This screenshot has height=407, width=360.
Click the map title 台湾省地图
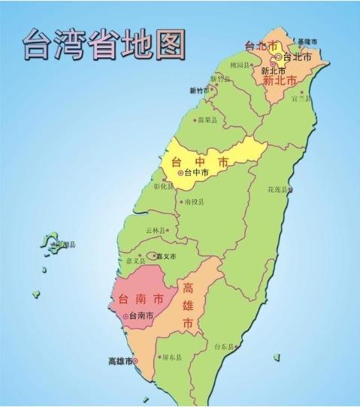tap(104, 45)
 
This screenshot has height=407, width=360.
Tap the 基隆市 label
tap(307, 41)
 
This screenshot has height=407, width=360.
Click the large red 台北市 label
tap(262, 46)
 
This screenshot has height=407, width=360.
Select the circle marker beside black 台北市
tap(278, 56)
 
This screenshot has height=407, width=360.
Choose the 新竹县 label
tap(220, 79)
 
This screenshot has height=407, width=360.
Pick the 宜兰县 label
tap(301, 98)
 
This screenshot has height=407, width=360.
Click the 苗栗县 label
tap(207, 119)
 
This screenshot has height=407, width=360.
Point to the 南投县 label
tap(193, 202)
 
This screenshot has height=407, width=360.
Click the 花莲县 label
tap(278, 189)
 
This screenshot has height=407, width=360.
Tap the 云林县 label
tap(156, 231)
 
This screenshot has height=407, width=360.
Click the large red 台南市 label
tap(137, 300)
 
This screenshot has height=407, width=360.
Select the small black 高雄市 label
tap(119, 362)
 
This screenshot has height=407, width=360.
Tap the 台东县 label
tap(225, 347)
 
